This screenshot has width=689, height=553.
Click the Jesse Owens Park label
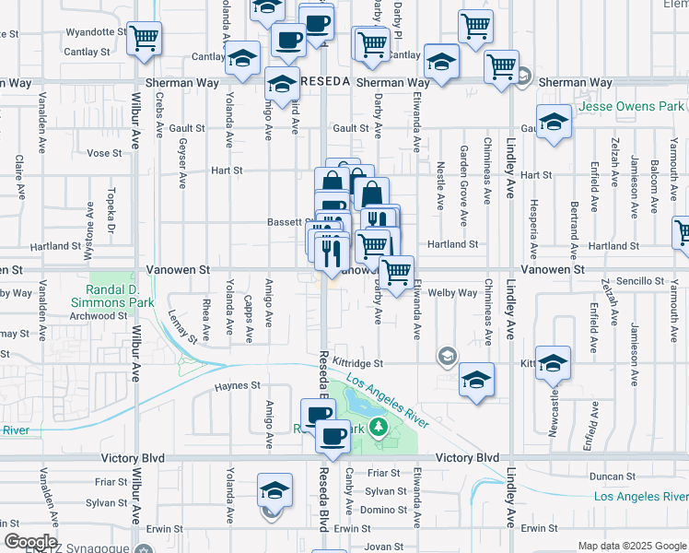pos(632,107)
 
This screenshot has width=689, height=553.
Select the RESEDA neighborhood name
pos(324,82)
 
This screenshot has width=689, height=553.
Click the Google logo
pos(30,542)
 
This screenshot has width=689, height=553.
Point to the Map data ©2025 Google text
pos(631,546)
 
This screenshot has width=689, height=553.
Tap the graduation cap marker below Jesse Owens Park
pos(555,122)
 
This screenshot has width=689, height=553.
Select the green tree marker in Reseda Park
pos(378,427)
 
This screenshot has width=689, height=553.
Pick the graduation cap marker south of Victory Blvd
pos(274,491)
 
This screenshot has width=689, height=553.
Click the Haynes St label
pos(238,385)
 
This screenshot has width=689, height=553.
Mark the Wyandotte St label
pos(89,32)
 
